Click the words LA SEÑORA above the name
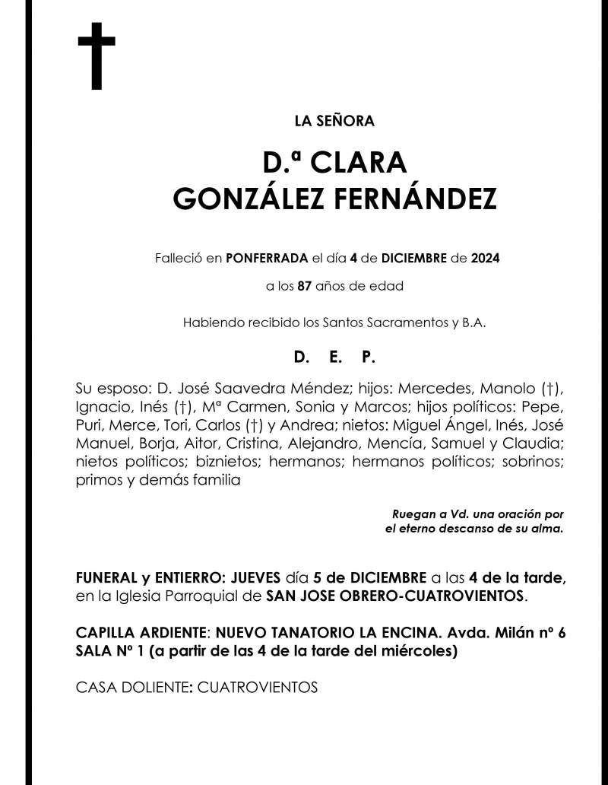[334, 120]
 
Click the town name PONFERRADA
[264, 259]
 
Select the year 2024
[485, 259]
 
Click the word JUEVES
[255, 577]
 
